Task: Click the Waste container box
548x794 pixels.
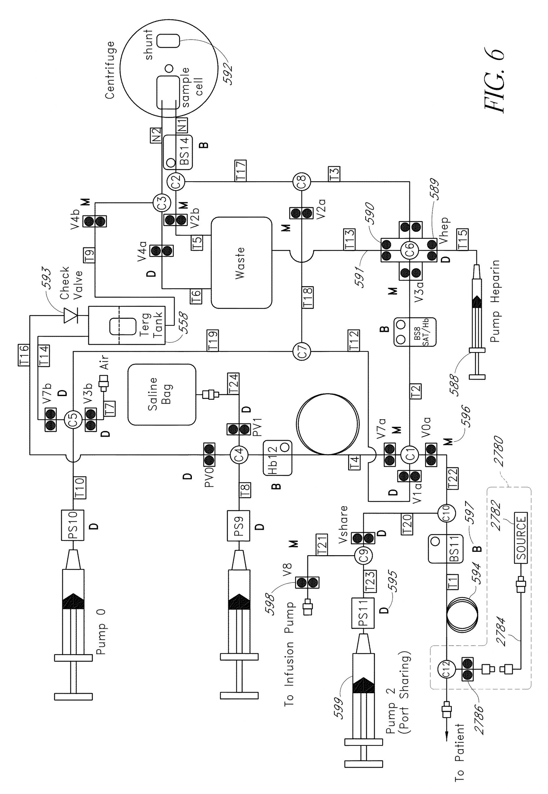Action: (x=241, y=262)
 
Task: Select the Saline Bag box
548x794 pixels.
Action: (x=162, y=395)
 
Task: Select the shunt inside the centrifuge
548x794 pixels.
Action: (x=168, y=41)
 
